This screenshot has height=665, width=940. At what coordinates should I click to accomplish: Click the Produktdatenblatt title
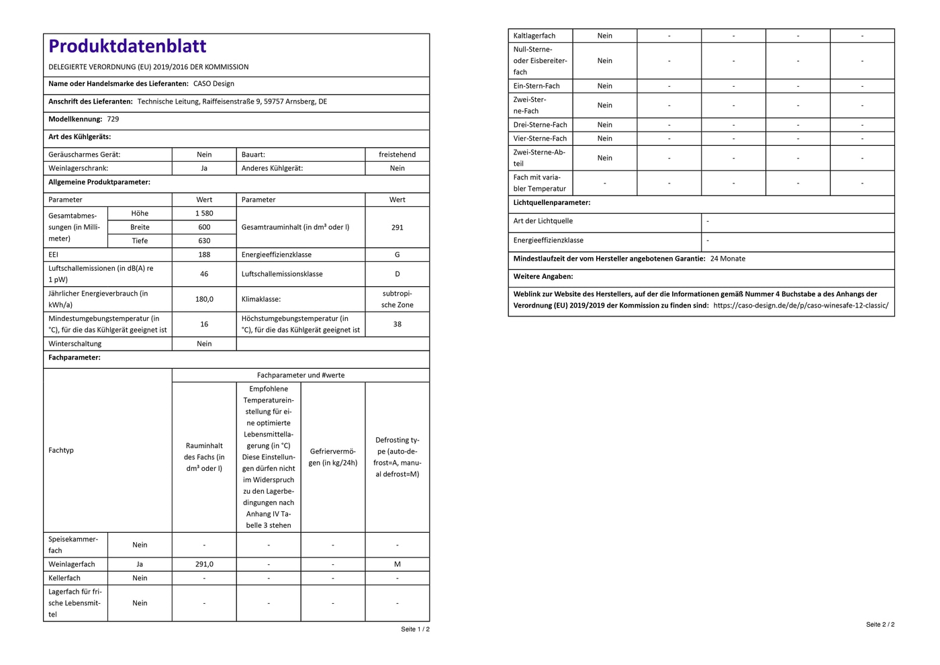pyautogui.click(x=128, y=46)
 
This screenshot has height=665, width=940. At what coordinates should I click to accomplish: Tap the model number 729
pyautogui.click(x=113, y=119)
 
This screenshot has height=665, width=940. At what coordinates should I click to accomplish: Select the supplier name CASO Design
pyautogui.click(x=214, y=84)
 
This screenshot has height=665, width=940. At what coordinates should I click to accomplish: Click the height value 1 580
pyautogui.click(x=204, y=214)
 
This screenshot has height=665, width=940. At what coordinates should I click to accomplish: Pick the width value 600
pyautogui.click(x=204, y=227)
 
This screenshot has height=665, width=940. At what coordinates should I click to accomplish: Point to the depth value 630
pyautogui.click(x=204, y=240)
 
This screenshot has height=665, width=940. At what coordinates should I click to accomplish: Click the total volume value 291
pyautogui.click(x=397, y=227)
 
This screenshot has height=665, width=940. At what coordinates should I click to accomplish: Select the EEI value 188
pyautogui.click(x=204, y=255)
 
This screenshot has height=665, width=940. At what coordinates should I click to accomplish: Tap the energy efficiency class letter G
pyautogui.click(x=397, y=255)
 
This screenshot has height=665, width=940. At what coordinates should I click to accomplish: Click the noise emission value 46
pyautogui.click(x=204, y=274)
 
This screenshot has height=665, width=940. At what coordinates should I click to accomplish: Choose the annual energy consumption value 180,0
pyautogui.click(x=204, y=299)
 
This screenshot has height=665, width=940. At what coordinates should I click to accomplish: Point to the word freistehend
pyautogui.click(x=397, y=154)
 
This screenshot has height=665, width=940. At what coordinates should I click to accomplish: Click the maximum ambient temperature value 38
pyautogui.click(x=397, y=324)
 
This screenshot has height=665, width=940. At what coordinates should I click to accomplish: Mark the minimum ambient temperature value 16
pyautogui.click(x=204, y=324)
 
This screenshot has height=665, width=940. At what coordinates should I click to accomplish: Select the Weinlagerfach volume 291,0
pyautogui.click(x=204, y=564)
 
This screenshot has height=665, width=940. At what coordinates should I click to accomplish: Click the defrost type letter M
pyautogui.click(x=397, y=564)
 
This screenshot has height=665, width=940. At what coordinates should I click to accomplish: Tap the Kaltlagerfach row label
pyautogui.click(x=534, y=36)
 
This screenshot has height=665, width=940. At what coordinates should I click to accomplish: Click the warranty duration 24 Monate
pyautogui.click(x=728, y=259)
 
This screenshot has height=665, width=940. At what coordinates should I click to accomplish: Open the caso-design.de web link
pyautogui.click(x=801, y=305)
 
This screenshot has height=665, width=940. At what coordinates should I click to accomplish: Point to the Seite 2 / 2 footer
pyautogui.click(x=880, y=625)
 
